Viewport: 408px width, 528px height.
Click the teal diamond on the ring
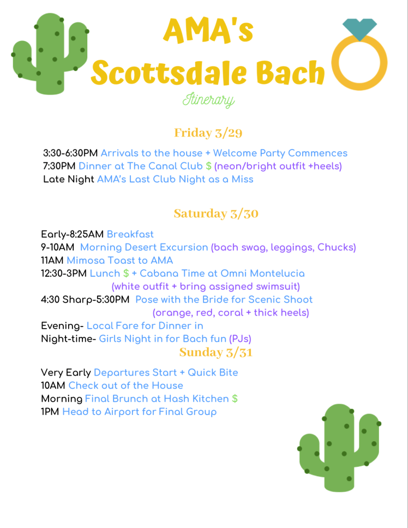[359, 29]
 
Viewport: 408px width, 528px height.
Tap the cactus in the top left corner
[50, 54]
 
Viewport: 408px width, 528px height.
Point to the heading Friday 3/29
[208, 133]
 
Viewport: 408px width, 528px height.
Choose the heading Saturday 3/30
[216, 213]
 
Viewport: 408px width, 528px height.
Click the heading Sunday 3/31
[215, 352]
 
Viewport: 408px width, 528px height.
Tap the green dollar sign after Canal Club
[208, 166]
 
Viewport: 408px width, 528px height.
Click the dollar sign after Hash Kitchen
[235, 399]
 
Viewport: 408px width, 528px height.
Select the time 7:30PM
[59, 166]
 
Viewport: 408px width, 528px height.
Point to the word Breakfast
[130, 234]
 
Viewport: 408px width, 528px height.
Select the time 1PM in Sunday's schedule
[50, 412]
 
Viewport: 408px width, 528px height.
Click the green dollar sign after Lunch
[126, 273]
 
